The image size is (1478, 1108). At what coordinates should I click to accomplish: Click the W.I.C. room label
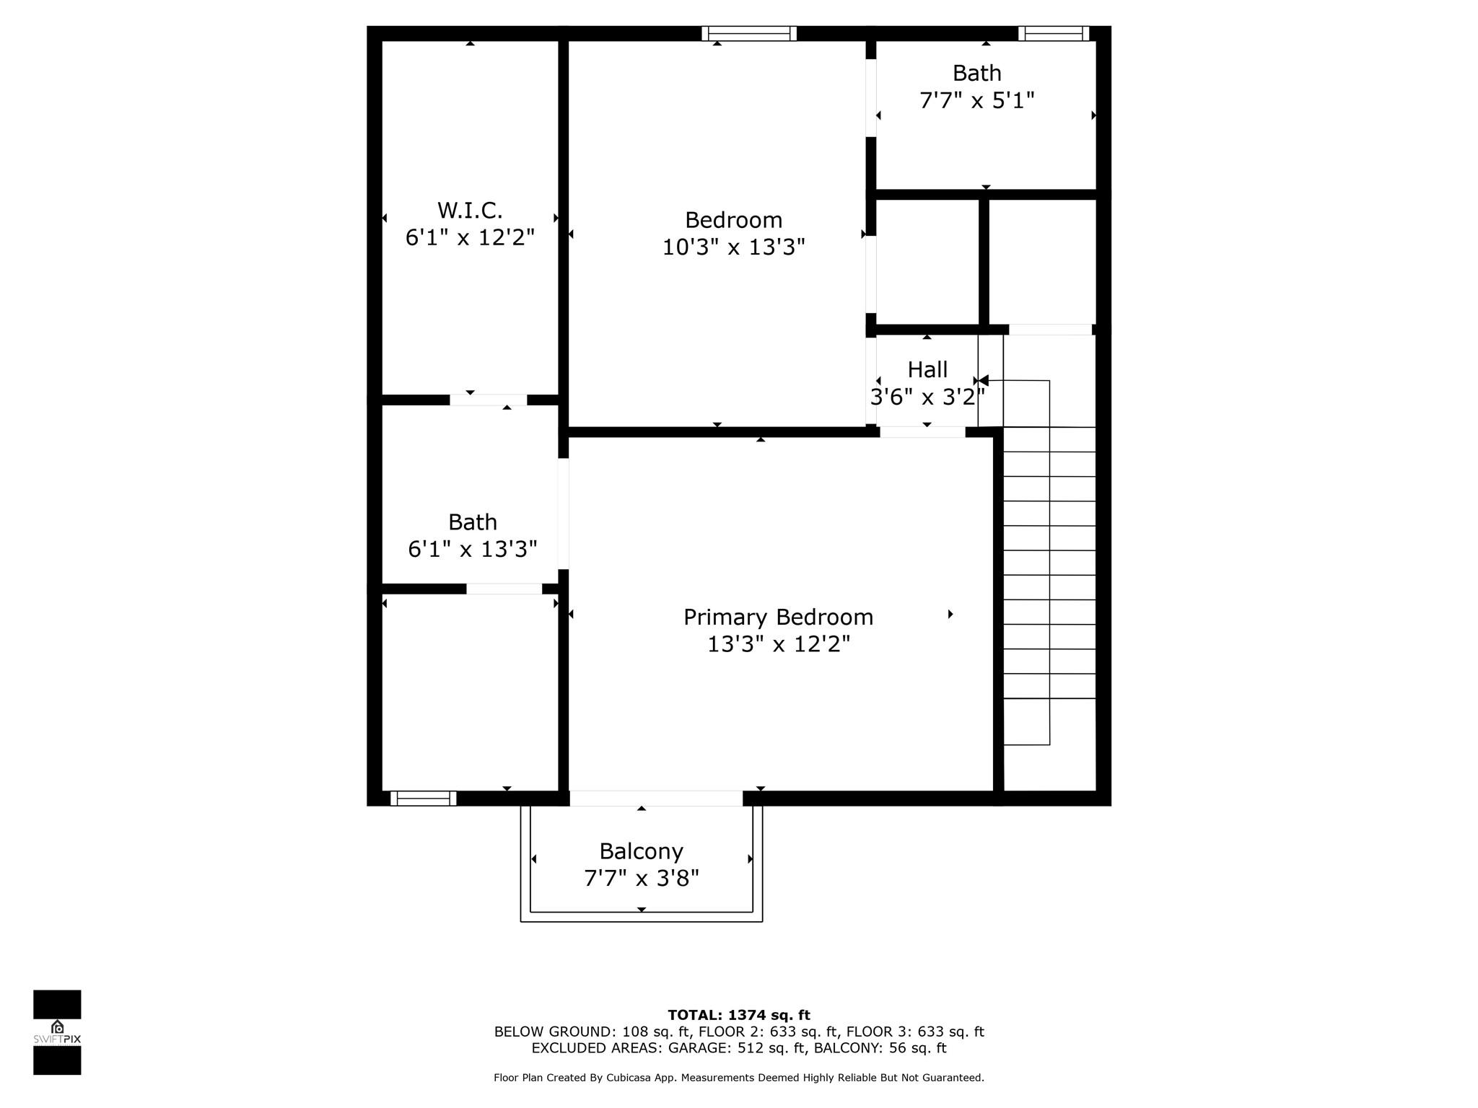470,211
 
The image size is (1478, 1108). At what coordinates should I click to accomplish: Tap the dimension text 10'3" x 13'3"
733,247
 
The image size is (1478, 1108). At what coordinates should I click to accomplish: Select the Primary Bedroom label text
778,617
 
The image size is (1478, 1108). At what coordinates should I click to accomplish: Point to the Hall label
927,369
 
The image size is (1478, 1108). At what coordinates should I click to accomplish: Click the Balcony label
641,852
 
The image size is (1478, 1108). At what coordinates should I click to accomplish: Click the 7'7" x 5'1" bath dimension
977,100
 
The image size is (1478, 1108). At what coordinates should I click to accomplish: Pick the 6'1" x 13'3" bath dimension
473,550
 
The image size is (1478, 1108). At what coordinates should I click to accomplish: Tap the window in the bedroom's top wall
749,33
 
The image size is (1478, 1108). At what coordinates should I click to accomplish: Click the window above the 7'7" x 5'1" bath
1054,33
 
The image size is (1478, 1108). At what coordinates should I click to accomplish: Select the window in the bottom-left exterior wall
424,798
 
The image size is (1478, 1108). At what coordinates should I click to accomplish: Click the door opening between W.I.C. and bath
489,400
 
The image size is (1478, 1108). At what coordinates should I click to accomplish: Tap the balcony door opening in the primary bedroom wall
656,798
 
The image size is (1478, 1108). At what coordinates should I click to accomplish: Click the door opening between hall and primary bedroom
922,432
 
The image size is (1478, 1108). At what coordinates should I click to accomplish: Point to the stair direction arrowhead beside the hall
983,380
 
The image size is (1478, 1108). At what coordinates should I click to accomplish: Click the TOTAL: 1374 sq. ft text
739,1015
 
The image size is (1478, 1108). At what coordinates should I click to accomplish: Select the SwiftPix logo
57,1032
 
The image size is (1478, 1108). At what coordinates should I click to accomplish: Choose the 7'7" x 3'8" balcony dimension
642,879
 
